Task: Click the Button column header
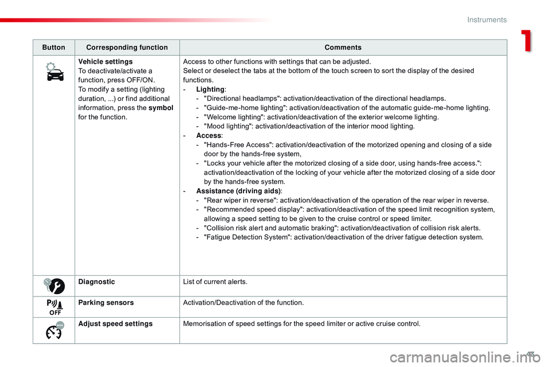point(54,48)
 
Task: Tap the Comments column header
point(343,48)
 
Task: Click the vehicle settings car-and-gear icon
point(54,73)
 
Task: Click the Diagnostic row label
point(97,282)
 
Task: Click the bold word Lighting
point(209,89)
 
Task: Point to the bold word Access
point(207,135)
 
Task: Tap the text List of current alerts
point(215,282)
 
